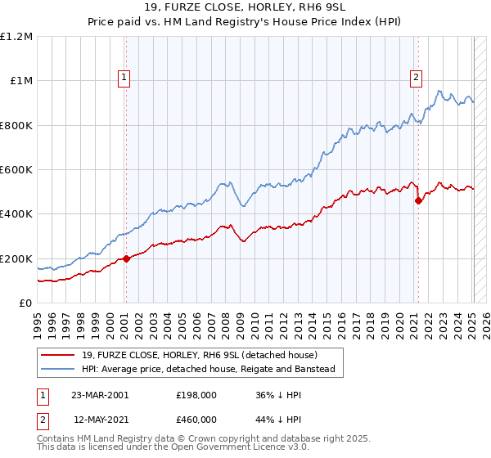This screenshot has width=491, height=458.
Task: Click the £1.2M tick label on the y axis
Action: pos(16,37)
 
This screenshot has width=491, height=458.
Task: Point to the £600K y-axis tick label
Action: pos(16,170)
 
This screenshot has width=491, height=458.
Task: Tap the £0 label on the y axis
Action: pos(25,303)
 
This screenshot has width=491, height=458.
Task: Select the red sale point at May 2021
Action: pos(419,200)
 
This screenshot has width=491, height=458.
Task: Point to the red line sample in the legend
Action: pos(57,355)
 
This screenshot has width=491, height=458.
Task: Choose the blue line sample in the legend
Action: pos(57,369)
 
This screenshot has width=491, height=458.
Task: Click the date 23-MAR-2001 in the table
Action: pos(99,395)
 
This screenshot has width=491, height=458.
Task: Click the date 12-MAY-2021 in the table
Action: pos(99,419)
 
